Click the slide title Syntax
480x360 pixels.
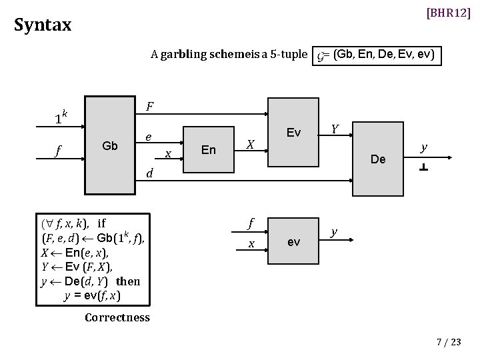43,25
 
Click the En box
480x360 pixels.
209,150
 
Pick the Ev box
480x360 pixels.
293,133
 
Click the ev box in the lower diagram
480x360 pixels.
293,242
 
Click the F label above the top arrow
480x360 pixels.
150,106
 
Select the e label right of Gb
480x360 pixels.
149,137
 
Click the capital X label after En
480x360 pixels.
250,144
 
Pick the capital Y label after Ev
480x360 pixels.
335,127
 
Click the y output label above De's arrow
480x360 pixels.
423,146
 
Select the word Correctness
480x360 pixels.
117,317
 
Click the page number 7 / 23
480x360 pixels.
448,342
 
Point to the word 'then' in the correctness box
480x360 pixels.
128,281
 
